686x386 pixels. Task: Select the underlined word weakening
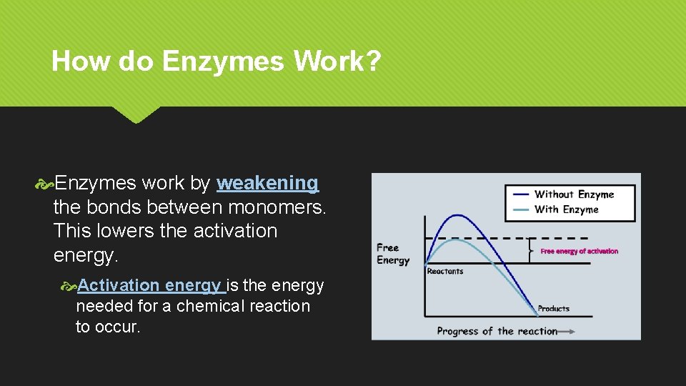pyautogui.click(x=267, y=184)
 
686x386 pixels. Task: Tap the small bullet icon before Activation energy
pyautogui.click(x=69, y=286)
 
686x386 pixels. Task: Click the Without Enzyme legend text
pyautogui.click(x=574, y=194)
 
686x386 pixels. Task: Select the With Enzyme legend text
pyautogui.click(x=566, y=209)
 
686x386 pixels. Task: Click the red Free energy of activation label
pyautogui.click(x=579, y=252)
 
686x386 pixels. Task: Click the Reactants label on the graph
pyautogui.click(x=444, y=272)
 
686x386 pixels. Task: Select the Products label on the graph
pyautogui.click(x=553, y=309)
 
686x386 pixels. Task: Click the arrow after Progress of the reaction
pyautogui.click(x=567, y=331)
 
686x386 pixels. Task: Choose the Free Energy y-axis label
pyautogui.click(x=392, y=254)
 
